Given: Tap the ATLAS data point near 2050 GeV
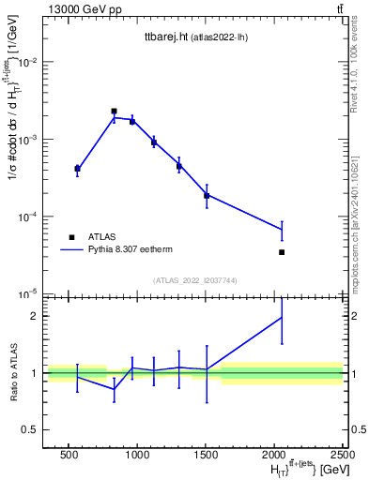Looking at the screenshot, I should (x=282, y=252).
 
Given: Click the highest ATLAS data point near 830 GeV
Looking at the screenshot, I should (x=114, y=111).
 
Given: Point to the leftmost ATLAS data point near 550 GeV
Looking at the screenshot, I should (x=77, y=169).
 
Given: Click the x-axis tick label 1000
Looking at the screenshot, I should (x=137, y=455).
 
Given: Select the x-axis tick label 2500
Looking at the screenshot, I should (x=342, y=455).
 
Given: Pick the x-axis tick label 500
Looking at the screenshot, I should (x=69, y=455).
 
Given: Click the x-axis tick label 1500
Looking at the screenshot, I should (x=206, y=455).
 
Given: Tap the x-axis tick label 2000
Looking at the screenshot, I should (x=274, y=455).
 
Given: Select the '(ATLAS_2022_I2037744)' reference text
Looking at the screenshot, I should (x=174, y=279).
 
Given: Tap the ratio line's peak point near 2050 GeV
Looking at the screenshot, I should (x=282, y=317).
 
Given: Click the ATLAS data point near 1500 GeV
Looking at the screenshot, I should (x=207, y=195).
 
